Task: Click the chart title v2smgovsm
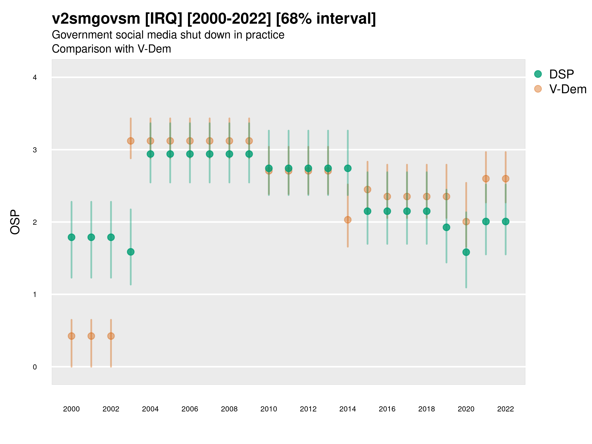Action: pos(96,19)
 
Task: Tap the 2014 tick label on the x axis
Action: pos(347,409)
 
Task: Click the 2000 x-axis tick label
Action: pos(71,409)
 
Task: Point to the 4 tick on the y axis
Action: pos(35,78)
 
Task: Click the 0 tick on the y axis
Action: pos(35,367)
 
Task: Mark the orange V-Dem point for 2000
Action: pos(72,336)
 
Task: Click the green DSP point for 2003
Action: pos(130,252)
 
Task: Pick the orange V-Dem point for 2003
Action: pos(130,141)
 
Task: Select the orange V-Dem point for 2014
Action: pos(348,220)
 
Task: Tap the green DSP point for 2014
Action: pos(348,168)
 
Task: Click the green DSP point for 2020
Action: pos(466,252)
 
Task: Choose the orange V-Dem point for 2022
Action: pos(506,179)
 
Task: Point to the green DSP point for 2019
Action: pos(446,227)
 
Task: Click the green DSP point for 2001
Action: pos(91,237)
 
